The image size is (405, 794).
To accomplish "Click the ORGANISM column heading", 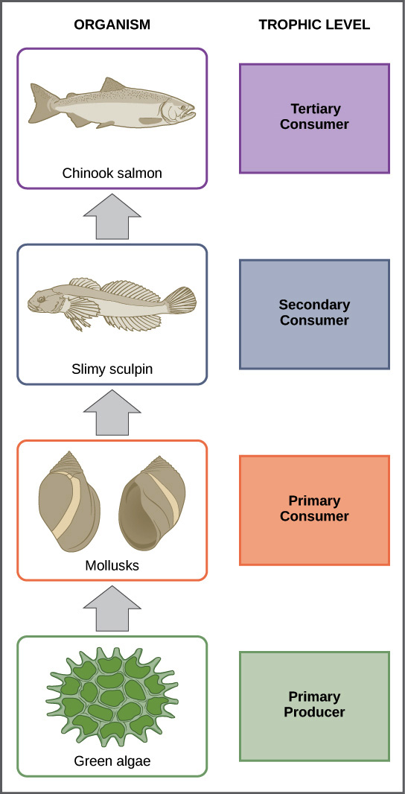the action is coord(112,25).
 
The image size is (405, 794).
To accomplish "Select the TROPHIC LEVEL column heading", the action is coord(314,25).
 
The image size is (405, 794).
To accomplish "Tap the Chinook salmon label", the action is coord(112,174).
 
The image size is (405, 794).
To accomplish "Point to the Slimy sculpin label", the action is coord(112,369).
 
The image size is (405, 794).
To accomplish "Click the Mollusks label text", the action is coord(112,565).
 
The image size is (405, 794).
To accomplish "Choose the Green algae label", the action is coord(112,760).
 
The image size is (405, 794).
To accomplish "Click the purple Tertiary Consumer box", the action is coord(314,118).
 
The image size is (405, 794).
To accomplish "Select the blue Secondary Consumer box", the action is coord(314,314).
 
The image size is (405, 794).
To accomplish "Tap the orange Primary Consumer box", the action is coord(314,510).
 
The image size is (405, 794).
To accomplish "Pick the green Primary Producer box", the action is coord(314,706).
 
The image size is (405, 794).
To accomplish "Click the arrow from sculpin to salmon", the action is coord(112,217).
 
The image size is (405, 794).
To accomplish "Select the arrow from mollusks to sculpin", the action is coord(112,413).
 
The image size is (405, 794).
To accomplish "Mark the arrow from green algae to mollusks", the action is coord(112,609).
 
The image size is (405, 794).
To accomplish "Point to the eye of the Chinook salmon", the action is coord(181,107).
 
